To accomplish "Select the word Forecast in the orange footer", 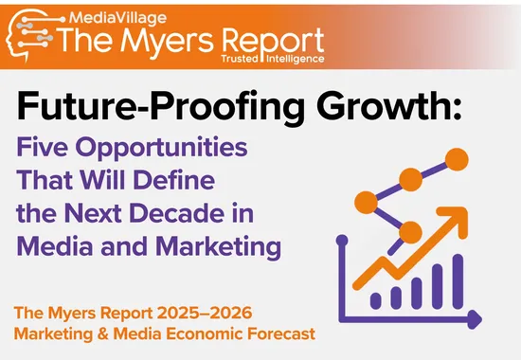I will (283, 333).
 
